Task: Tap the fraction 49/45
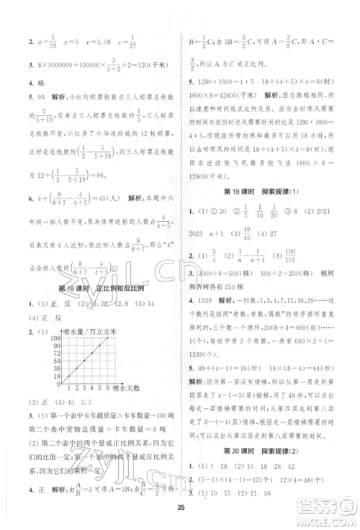[x=212, y=233]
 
